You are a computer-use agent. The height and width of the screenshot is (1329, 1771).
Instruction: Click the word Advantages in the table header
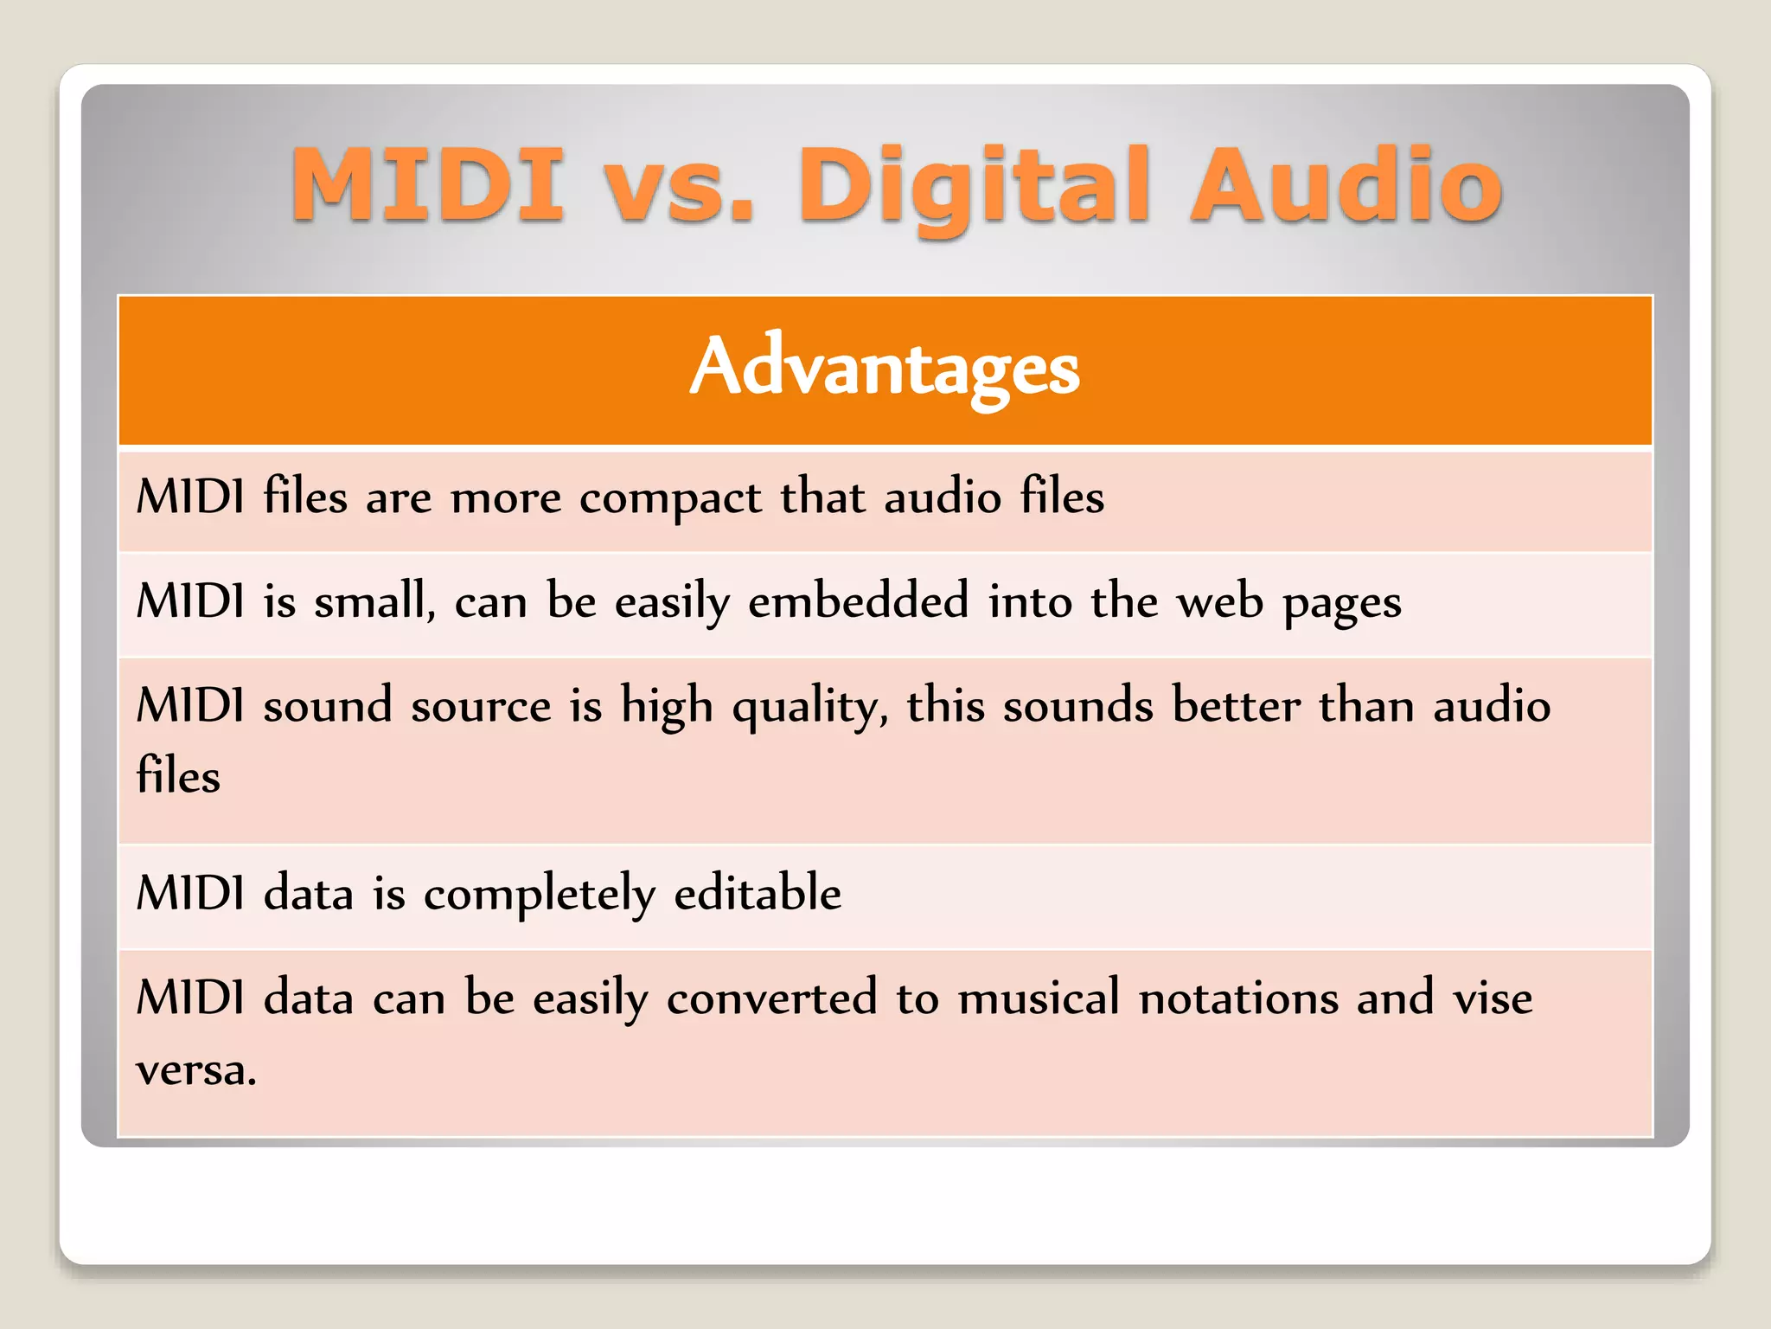(885, 368)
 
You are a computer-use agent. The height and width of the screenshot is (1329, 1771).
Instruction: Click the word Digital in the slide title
(974, 185)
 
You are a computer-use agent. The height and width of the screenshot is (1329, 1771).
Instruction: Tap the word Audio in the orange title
(1346, 185)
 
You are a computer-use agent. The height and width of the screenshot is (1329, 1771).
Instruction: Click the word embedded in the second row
(858, 601)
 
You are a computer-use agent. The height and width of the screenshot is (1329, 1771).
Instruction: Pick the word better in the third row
(1236, 704)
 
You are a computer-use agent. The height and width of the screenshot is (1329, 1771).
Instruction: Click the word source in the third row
(481, 706)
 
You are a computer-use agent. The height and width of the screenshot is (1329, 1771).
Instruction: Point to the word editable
(758, 893)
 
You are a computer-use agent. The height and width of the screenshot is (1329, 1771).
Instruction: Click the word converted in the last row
(771, 998)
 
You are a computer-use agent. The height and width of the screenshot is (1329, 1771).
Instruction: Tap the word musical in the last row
(1039, 998)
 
